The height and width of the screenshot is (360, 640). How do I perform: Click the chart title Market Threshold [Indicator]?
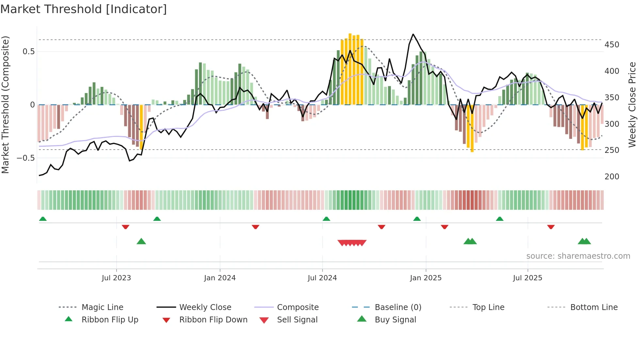tap(84, 9)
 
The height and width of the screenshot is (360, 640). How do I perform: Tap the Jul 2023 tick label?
tap(116, 278)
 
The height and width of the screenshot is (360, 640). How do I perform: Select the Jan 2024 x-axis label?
tap(220, 278)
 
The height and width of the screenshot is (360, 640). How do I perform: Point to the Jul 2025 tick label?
tap(527, 278)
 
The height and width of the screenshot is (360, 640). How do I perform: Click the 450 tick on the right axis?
tap(612, 45)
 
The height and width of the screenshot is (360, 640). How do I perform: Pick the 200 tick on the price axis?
tap(612, 177)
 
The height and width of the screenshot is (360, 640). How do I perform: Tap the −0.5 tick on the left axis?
tap(26, 158)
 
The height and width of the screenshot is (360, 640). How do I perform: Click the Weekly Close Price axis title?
tap(632, 105)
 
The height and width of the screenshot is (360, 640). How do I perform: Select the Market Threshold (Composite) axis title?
tap(6, 105)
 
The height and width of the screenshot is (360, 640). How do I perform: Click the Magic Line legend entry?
tap(102, 307)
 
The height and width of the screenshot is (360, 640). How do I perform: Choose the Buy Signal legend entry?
tap(395, 320)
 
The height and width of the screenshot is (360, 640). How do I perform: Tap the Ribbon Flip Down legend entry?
tap(213, 320)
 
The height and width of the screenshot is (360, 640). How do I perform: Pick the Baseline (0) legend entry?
tap(398, 307)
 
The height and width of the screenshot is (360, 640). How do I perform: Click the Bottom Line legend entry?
tap(594, 307)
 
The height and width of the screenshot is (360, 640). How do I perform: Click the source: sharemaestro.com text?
tap(578, 256)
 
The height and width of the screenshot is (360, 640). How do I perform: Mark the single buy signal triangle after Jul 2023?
tap(141, 241)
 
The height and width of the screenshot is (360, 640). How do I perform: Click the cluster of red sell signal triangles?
tap(352, 243)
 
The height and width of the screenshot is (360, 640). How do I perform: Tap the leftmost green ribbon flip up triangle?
tap(43, 219)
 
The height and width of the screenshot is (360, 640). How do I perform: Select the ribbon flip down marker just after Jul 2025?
tap(551, 227)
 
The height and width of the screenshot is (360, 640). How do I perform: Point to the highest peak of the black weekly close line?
tap(413, 34)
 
